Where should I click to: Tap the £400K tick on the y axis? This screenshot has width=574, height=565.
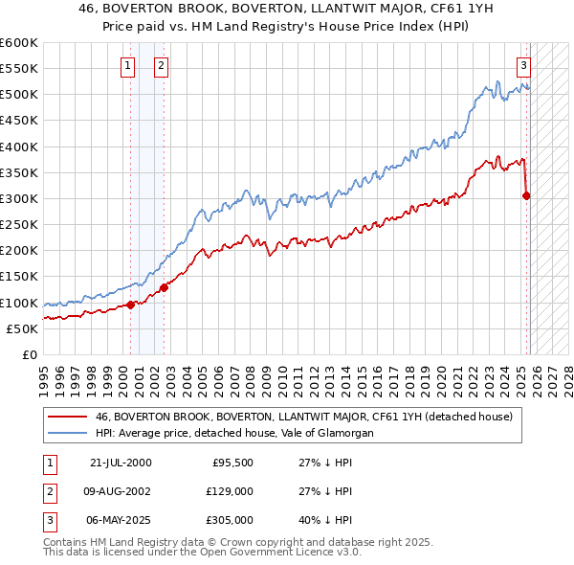(x=19, y=147)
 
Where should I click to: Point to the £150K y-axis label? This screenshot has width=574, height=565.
(x=19, y=277)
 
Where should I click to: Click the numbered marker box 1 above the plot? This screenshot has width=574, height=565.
(x=128, y=66)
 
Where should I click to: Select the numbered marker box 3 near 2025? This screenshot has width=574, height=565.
(x=524, y=66)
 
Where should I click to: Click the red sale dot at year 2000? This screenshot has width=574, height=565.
(x=131, y=305)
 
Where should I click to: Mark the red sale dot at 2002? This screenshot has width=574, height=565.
(x=164, y=287)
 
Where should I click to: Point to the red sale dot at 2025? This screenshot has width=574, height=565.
(x=526, y=196)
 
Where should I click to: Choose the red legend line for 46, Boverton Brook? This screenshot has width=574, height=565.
(x=69, y=418)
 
